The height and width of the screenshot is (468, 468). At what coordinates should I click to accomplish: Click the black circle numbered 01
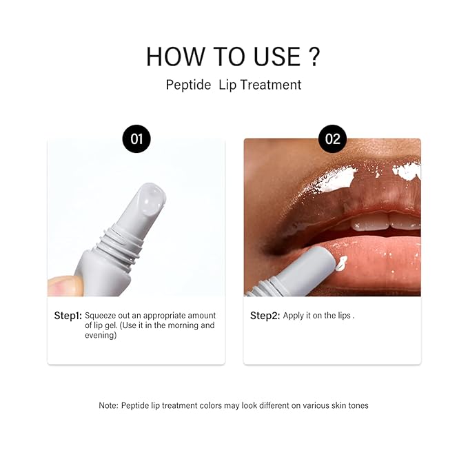pyautogui.click(x=136, y=139)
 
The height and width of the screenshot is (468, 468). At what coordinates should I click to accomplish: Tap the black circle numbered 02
pyautogui.click(x=332, y=139)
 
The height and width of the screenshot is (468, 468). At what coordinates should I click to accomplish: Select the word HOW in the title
pyautogui.click(x=171, y=57)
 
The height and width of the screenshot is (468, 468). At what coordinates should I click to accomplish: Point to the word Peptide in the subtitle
pyautogui.click(x=189, y=85)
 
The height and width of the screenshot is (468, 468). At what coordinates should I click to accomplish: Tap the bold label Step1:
pyautogui.click(x=68, y=316)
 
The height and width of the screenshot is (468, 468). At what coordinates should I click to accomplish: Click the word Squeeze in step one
pyautogui.click(x=101, y=316)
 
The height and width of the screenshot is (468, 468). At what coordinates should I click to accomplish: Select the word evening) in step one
pyautogui.click(x=101, y=336)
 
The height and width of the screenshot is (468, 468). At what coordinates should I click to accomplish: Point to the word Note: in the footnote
pyautogui.click(x=110, y=405)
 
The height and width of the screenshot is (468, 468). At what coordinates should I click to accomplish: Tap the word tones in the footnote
pyautogui.click(x=357, y=405)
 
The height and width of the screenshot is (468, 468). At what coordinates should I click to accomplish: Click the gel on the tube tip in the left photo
pyautogui.click(x=150, y=199)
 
